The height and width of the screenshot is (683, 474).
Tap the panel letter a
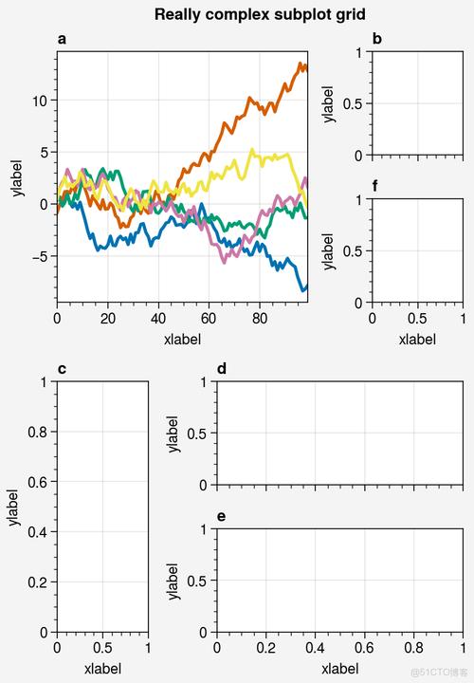pyautogui.click(x=62, y=39)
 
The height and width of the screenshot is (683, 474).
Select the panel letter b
pyautogui.click(x=377, y=39)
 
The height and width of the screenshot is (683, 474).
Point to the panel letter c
pyautogui.click(x=62, y=369)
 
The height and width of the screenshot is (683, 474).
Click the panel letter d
pyautogui.click(x=222, y=369)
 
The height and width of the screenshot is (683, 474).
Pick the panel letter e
pyautogui.click(x=222, y=516)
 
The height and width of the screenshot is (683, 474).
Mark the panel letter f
pyautogui.click(x=377, y=186)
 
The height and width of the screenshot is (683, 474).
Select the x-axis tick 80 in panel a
pyautogui.click(x=260, y=319)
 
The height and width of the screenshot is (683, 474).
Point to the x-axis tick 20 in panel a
pyautogui.click(x=107, y=319)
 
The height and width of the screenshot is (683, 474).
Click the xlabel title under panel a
pyautogui.click(x=182, y=338)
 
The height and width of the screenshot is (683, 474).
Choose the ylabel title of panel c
pyautogui.click(x=13, y=507)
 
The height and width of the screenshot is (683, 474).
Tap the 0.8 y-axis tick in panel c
pyautogui.click(x=39, y=432)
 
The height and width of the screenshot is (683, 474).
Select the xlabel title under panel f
pyautogui.click(x=417, y=338)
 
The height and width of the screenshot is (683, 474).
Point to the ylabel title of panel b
pyautogui.click(x=329, y=103)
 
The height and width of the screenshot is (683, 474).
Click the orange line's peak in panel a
pyautogui.click(x=301, y=65)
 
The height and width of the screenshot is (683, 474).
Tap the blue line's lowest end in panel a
pyautogui.click(x=303, y=289)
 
